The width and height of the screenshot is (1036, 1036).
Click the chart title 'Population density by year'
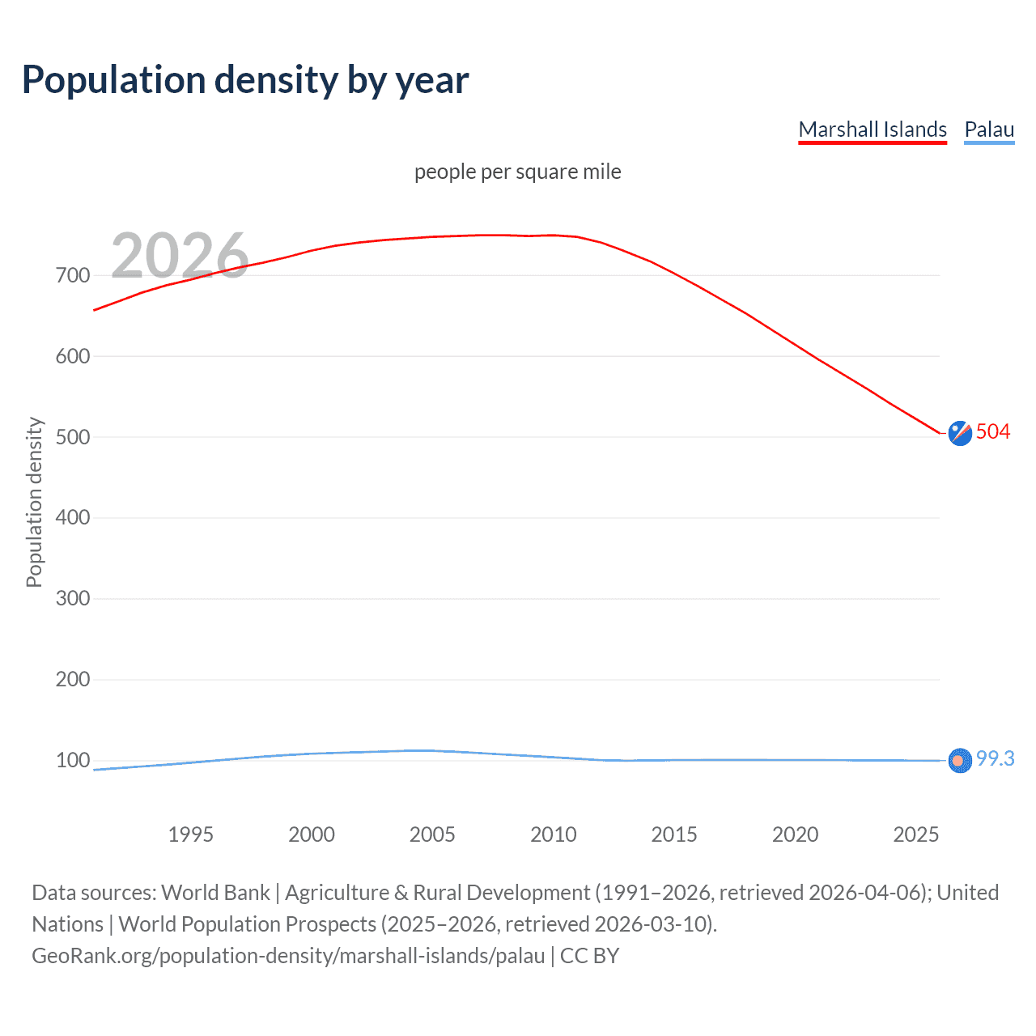click(x=245, y=80)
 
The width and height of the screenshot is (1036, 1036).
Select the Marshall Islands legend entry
click(x=872, y=129)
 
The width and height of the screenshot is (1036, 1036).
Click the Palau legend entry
click(x=989, y=129)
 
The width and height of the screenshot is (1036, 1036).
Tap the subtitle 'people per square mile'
click(x=517, y=172)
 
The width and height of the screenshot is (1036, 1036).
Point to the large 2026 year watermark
click(x=180, y=255)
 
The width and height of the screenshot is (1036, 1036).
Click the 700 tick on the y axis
click(x=72, y=275)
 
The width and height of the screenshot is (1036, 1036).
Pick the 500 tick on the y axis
click(x=72, y=437)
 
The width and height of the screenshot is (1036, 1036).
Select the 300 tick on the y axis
click(x=72, y=599)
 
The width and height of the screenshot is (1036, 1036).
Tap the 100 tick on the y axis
click(x=72, y=760)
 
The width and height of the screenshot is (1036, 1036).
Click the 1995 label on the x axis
click(x=190, y=834)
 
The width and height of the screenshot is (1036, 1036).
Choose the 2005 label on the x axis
click(x=432, y=834)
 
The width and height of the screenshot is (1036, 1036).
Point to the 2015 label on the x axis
click(x=674, y=834)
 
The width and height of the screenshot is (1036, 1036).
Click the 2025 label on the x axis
click(x=915, y=834)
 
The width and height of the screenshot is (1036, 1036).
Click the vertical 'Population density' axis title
click(x=34, y=502)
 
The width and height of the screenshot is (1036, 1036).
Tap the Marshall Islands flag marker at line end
click(x=960, y=433)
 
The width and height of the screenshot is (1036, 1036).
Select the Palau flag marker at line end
click(x=960, y=761)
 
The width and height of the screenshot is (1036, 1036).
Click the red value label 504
click(x=993, y=431)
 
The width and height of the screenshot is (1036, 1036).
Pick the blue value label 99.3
click(x=995, y=758)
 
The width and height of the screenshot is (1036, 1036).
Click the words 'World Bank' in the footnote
click(x=215, y=893)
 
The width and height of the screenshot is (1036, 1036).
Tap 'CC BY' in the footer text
click(x=589, y=956)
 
